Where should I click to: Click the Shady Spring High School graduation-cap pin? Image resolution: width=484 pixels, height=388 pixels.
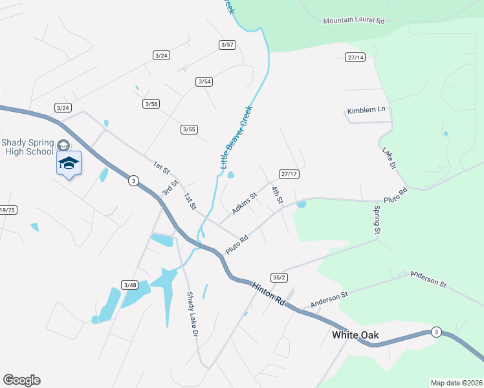[x=69, y=164]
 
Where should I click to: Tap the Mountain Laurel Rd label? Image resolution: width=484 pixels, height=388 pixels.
[x=354, y=21]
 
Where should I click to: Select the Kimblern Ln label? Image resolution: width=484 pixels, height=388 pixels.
[x=366, y=111]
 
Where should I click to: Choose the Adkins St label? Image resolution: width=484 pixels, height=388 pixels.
[x=244, y=202]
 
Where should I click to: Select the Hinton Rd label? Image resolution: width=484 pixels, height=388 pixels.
[x=268, y=292]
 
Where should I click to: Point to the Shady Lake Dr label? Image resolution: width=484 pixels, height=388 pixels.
[x=192, y=316]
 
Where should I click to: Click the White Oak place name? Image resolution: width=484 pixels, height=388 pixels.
[x=355, y=335]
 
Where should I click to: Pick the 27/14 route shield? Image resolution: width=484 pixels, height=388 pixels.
[x=356, y=58]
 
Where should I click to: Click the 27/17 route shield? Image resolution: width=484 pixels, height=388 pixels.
[x=289, y=174]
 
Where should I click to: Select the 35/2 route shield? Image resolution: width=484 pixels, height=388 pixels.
[x=279, y=277]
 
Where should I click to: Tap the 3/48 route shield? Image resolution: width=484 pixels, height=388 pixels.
[x=129, y=285]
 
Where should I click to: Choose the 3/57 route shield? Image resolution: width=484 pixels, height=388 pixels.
[x=226, y=45]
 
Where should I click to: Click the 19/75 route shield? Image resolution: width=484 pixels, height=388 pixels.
[x=8, y=210]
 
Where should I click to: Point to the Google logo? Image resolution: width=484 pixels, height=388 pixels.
[x=21, y=380]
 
